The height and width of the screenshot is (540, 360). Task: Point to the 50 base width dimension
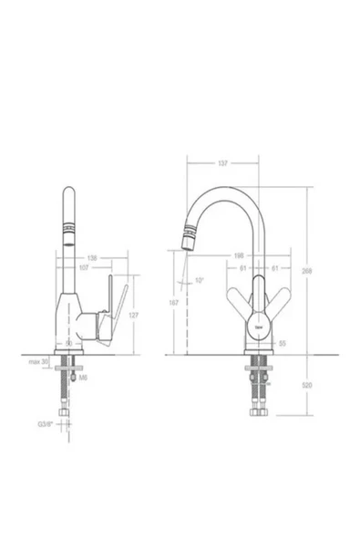click(69, 342)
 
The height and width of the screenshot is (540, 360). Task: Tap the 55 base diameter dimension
click(283, 343)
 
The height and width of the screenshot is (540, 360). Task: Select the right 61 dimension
click(275, 268)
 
